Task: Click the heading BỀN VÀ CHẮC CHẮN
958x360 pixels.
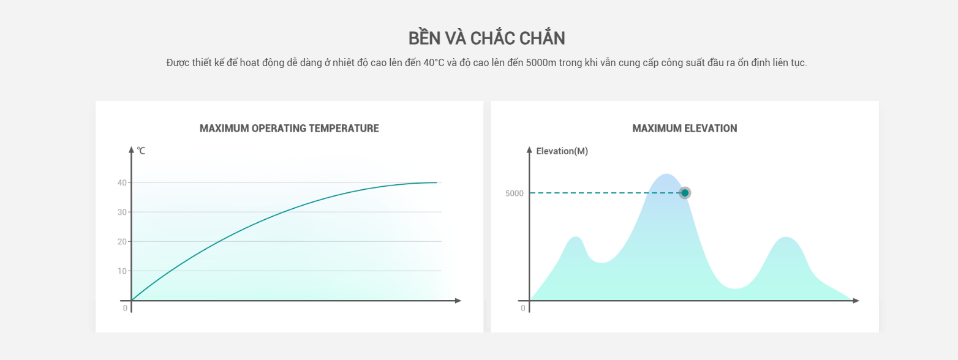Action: coord(487,37)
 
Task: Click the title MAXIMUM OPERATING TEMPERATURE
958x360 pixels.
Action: coord(289,129)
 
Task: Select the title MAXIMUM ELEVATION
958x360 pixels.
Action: coord(685,129)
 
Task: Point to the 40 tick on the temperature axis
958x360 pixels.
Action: coord(123,182)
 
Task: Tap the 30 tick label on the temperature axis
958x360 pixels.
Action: coord(123,212)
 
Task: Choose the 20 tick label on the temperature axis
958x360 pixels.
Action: coord(123,242)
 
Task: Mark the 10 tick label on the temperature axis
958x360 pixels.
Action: coord(123,271)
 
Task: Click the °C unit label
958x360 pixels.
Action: coord(141,151)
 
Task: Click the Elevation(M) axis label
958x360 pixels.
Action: coord(562,151)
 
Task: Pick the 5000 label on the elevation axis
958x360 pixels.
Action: coord(514,193)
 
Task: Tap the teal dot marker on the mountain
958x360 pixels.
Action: coord(685,193)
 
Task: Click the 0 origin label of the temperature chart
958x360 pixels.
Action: coord(125,308)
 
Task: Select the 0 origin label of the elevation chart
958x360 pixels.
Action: coord(522,308)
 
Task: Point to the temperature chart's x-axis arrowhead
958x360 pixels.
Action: coord(458,301)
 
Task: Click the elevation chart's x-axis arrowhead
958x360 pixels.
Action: coord(856,301)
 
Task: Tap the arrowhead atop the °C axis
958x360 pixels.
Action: coord(131,149)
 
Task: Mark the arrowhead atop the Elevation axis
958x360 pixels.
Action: coord(529,149)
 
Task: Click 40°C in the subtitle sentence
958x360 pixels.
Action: coord(434,63)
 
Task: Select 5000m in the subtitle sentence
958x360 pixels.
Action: coord(541,63)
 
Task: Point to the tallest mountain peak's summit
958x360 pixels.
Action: coord(666,174)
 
